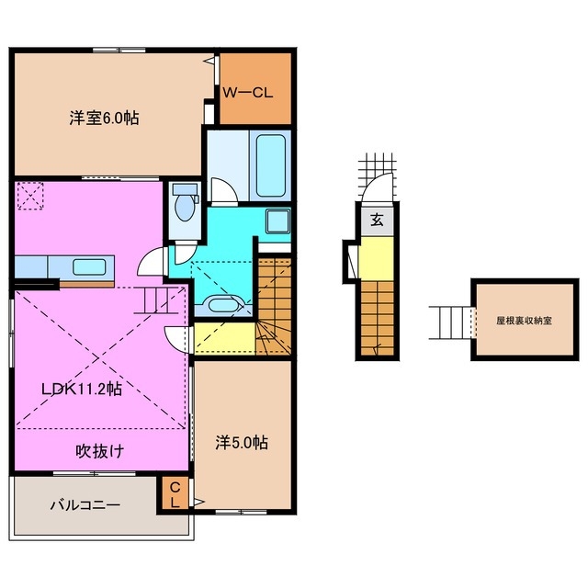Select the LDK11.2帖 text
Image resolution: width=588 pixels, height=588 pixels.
81,388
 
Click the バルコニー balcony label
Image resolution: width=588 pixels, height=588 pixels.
85,504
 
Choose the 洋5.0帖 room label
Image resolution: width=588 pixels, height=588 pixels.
243,442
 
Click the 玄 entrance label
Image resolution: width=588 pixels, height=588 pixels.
378,220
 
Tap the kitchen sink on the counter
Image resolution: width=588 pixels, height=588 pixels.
88,267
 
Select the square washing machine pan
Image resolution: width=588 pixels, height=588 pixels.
277,220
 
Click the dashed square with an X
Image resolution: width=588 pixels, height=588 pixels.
31,195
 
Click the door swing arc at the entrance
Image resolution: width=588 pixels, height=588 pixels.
378,191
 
